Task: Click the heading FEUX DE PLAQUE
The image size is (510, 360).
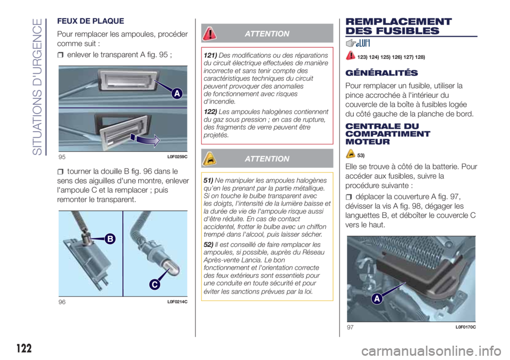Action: point(90,21)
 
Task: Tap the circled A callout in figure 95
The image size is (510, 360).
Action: point(177,93)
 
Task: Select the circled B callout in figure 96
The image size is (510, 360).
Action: point(110,239)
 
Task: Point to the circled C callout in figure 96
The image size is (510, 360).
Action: point(155,285)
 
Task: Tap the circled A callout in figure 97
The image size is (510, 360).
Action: point(377,298)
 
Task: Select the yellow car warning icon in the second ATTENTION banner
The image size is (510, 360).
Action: point(209,158)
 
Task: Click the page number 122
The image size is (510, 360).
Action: point(24,348)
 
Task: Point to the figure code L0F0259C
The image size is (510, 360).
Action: point(177,157)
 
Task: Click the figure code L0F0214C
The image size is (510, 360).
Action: point(177,302)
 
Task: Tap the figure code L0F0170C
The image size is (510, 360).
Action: point(465,327)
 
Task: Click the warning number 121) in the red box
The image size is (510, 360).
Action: point(210,55)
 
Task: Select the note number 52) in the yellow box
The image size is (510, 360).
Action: point(208,245)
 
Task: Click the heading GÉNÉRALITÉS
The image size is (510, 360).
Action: point(381,73)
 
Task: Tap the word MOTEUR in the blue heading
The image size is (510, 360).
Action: point(368,142)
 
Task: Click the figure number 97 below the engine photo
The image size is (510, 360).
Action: point(350,327)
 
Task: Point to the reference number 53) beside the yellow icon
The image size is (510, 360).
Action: point(361,156)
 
